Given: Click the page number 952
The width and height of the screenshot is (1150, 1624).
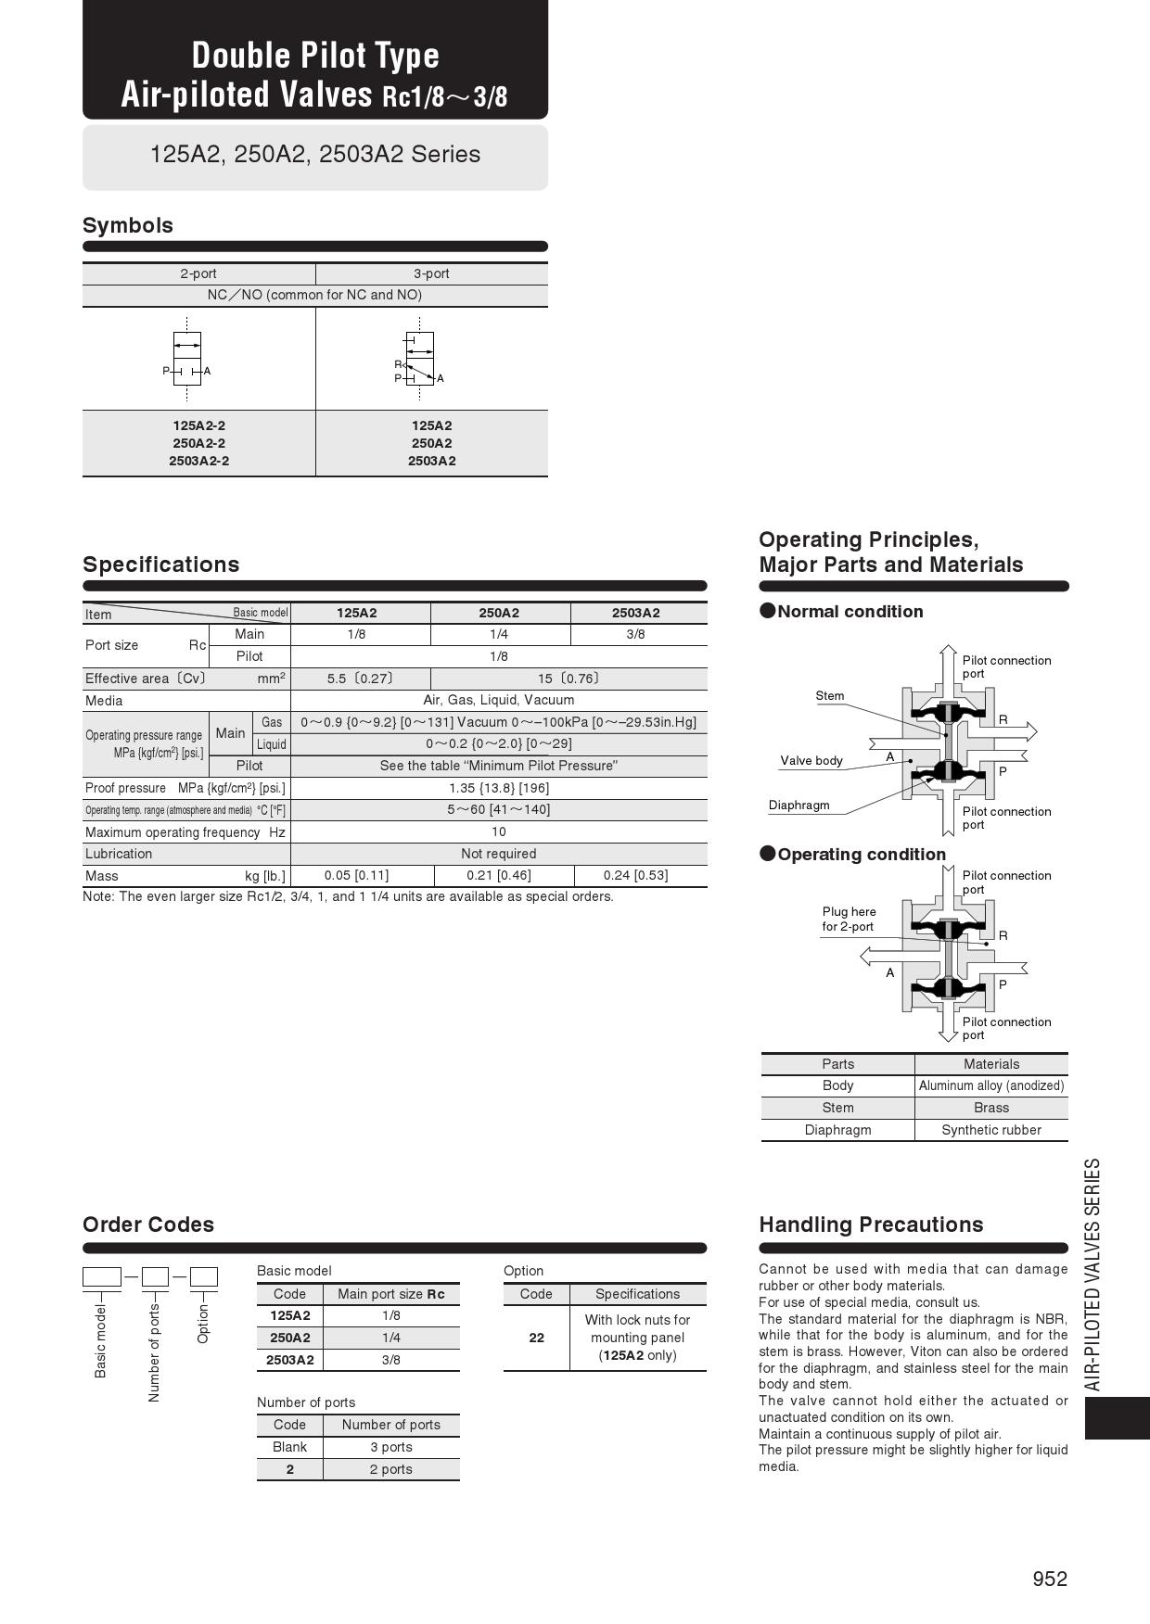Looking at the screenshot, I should point(1050,1579).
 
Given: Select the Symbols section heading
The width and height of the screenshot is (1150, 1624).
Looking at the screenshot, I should point(128,225).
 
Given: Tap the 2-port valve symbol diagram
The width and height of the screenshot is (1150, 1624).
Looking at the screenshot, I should point(187,359).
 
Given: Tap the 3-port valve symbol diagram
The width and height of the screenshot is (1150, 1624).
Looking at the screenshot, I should point(419,360).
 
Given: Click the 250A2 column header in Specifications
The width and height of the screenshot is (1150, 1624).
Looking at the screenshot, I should point(499,613).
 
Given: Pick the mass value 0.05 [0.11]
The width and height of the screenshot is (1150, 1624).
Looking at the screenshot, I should point(356,875).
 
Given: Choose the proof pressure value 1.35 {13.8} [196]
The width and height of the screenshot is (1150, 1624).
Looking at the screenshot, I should point(499,788).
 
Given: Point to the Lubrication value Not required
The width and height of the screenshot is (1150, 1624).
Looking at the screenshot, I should point(499,854).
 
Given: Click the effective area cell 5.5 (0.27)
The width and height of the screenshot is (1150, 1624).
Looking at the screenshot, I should point(360,679).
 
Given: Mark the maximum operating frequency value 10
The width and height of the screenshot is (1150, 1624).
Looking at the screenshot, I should point(499,831).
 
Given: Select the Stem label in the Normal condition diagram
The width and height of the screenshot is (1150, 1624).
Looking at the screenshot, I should point(830,695).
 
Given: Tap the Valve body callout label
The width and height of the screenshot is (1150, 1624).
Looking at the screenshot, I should point(811,760).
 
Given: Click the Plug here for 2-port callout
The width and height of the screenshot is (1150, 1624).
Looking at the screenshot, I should point(849,919).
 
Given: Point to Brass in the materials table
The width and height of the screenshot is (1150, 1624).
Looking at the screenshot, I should point(991,1108).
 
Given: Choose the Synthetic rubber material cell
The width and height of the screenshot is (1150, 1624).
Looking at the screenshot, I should point(991,1130).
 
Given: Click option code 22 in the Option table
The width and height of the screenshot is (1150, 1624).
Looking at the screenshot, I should point(536,1338).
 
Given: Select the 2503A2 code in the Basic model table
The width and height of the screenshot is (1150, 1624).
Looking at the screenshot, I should point(289,1360).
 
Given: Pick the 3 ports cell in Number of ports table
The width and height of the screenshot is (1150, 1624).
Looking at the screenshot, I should point(391,1447).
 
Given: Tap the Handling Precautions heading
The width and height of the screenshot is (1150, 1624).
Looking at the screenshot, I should point(871,1224).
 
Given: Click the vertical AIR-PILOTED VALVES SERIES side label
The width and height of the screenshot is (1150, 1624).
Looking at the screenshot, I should point(1093,1274).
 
